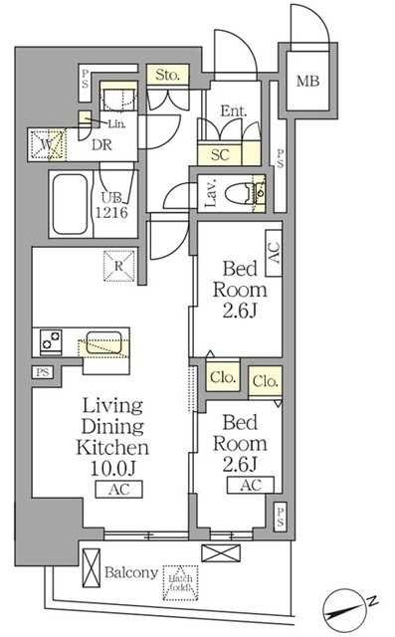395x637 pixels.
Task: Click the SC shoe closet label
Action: click(219, 154)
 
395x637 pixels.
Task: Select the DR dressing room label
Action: click(100, 145)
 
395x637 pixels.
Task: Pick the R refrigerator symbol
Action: click(117, 265)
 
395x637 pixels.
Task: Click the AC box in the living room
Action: click(119, 488)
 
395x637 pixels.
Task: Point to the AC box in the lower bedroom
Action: click(251, 486)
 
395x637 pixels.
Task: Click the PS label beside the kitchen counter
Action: click(41, 372)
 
